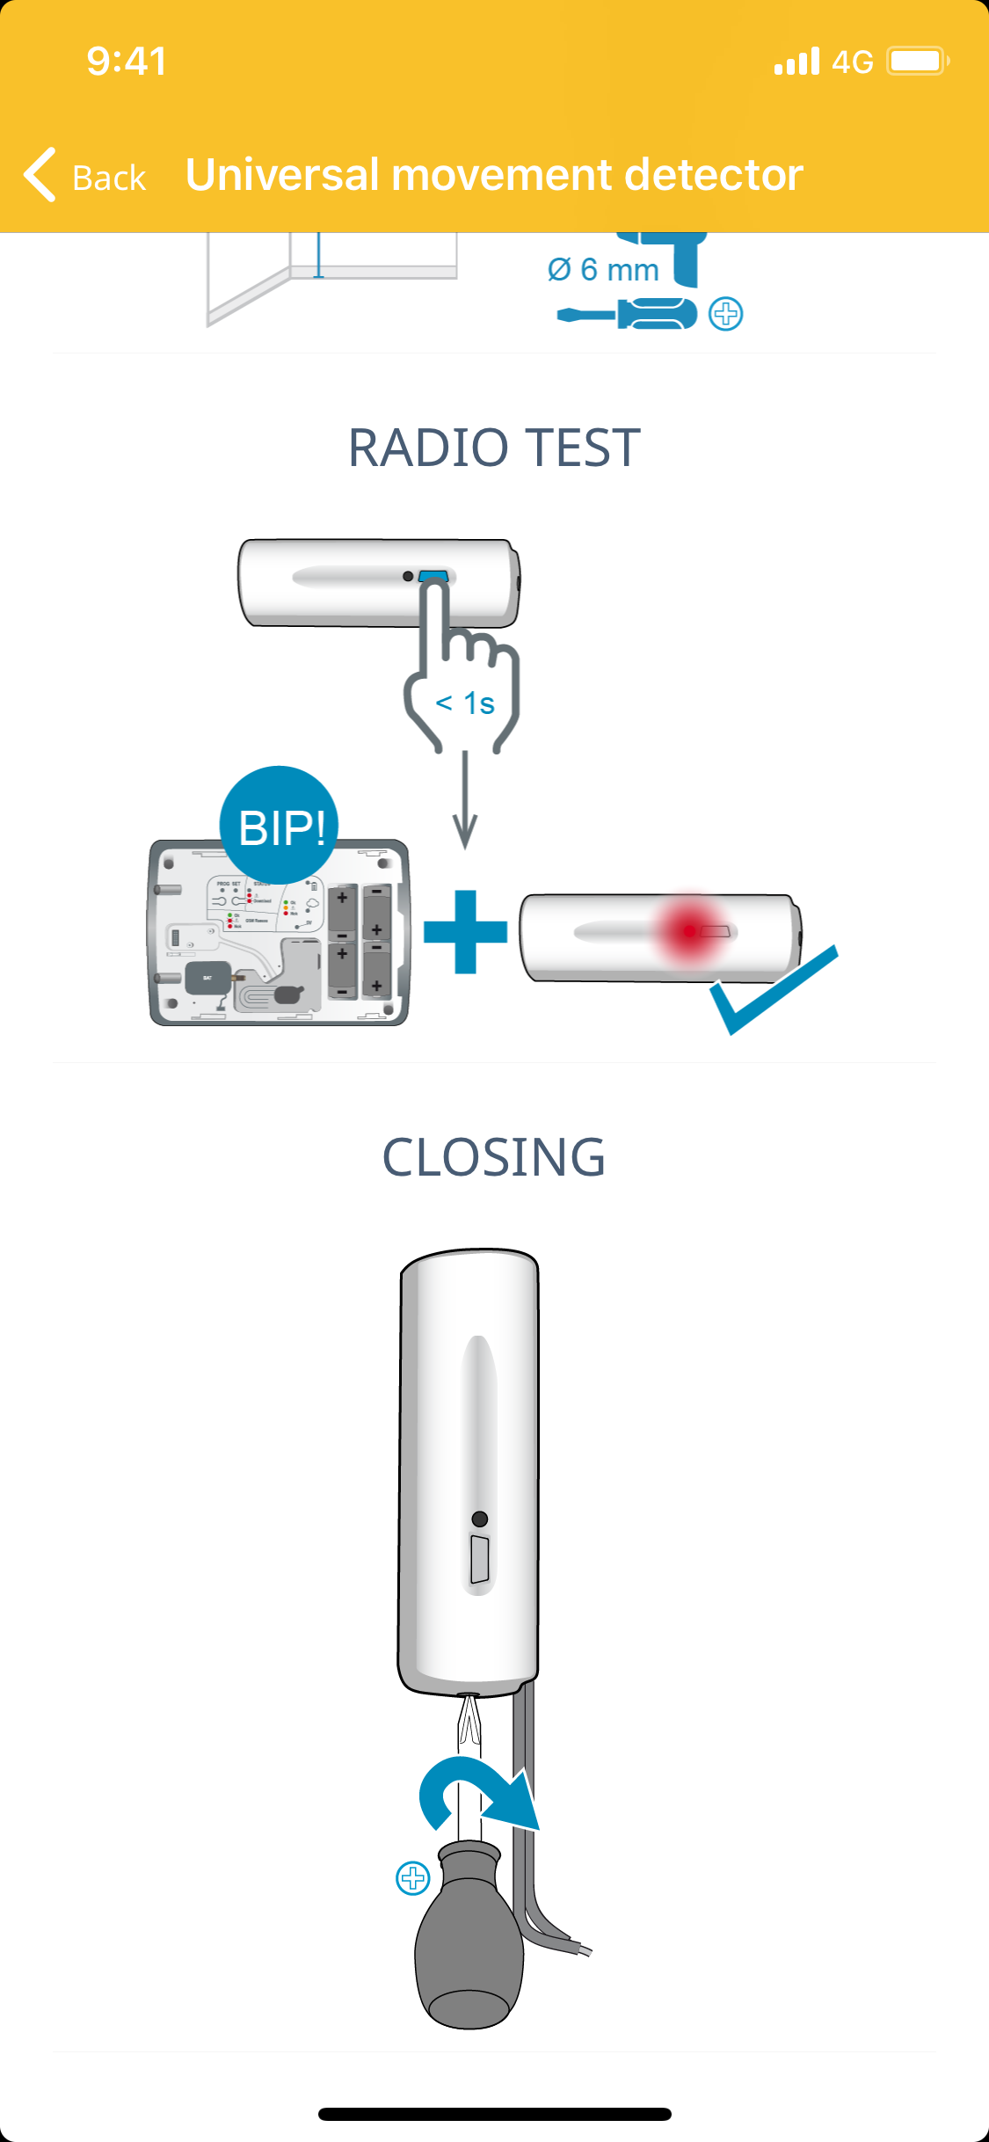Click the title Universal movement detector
494,174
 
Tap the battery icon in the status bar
917,62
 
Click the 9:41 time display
127,62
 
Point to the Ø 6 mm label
603,269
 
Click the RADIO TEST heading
494,448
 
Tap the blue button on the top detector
433,577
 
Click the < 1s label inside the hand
465,703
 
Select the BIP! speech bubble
280,826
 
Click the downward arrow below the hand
465,800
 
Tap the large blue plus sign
465,932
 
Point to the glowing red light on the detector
691,930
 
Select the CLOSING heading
494,1156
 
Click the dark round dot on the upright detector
480,1519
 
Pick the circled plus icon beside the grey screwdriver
412,1878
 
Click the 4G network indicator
852,62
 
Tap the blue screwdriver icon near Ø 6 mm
628,314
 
